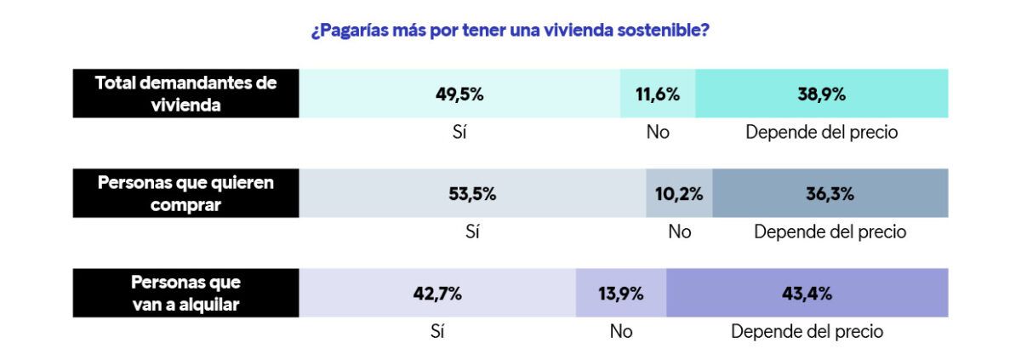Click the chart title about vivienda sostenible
point(510,31)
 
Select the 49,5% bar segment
point(459,94)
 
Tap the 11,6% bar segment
point(658,94)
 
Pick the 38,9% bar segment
point(821,94)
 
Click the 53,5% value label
point(472,193)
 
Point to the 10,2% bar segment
point(679,193)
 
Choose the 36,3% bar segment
point(830,193)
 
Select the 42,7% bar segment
point(437,294)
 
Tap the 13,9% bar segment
point(621,294)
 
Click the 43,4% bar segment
point(807,294)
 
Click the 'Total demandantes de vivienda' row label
point(185,94)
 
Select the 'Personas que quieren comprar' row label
point(185,193)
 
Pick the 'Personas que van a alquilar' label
point(185,294)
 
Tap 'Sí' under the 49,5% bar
point(460,132)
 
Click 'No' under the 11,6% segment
point(658,132)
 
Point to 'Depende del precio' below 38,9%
point(821,132)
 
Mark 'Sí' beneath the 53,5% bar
point(473,231)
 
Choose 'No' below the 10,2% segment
point(679,231)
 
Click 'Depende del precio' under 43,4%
point(807,332)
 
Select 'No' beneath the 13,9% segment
point(621,332)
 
